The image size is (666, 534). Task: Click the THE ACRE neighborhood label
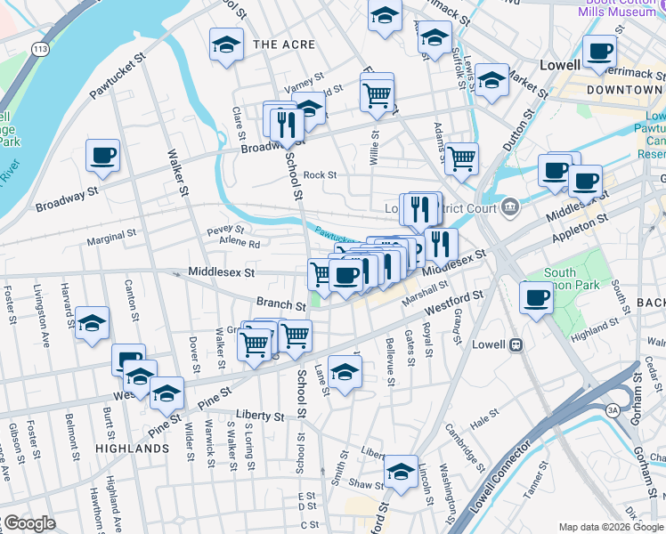point(280,44)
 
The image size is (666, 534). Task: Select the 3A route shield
point(613,410)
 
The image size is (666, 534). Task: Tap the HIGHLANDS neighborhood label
point(133,449)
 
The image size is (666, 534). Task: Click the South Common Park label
point(560,279)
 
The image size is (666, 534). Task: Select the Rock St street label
point(320,175)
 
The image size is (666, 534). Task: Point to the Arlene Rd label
point(240,244)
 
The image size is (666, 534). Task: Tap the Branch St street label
point(275,303)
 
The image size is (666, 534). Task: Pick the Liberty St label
point(260,416)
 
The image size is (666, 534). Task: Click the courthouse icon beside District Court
point(509,208)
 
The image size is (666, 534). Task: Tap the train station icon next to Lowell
point(515,344)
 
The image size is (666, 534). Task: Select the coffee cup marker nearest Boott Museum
point(601,52)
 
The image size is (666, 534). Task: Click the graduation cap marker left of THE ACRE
point(227,44)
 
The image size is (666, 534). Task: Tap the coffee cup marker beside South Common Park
point(537,297)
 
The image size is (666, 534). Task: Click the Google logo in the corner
point(29,524)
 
